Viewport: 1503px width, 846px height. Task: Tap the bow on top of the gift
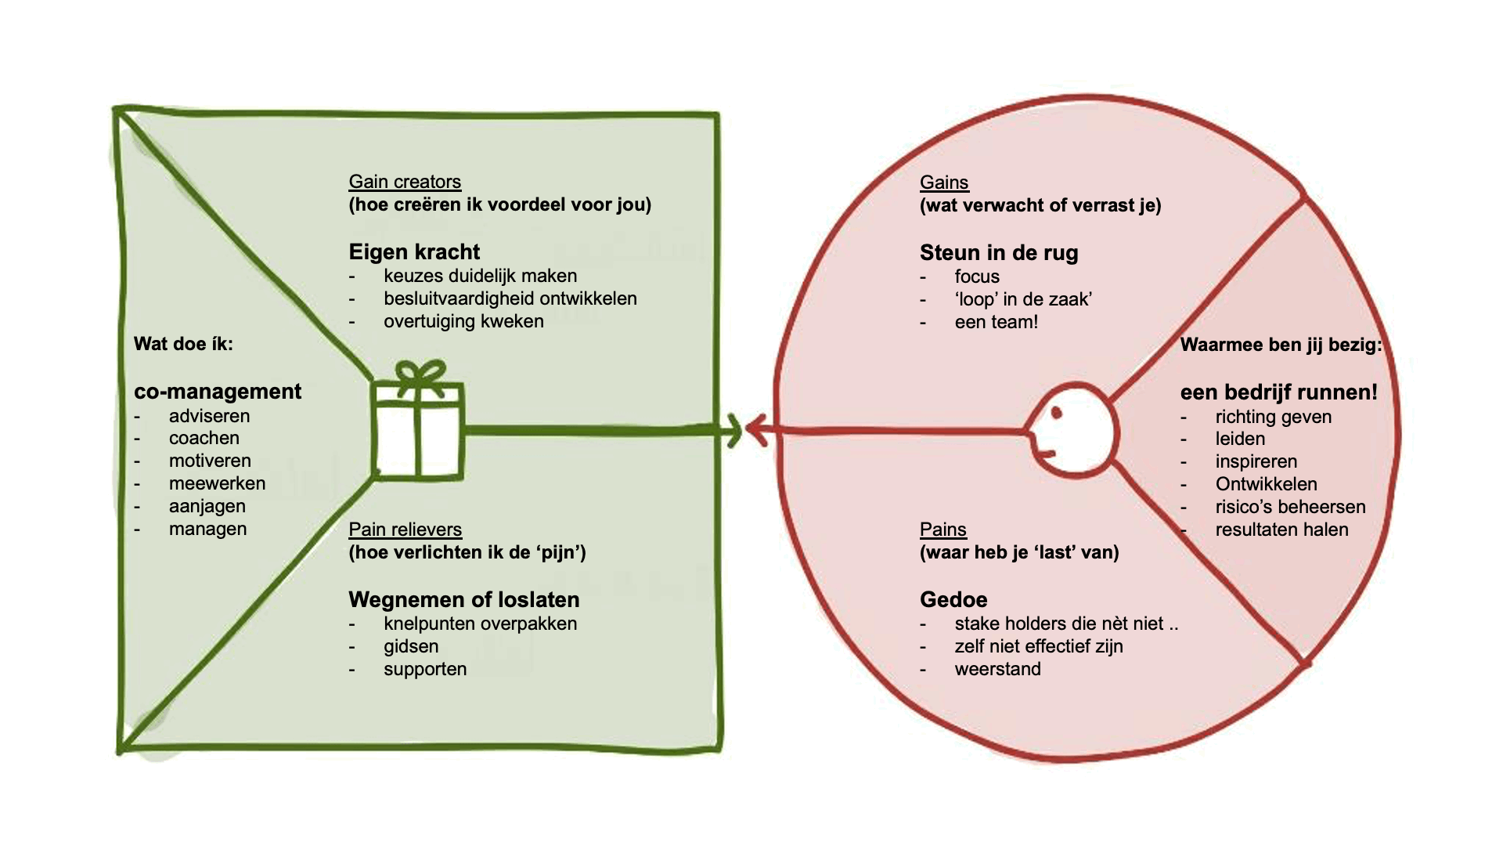pos(420,374)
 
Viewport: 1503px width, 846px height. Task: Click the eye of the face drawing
pos(1057,413)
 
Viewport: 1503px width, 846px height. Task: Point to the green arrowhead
pos(733,430)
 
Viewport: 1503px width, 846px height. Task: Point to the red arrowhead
pos(756,430)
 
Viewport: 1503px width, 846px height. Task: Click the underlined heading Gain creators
pos(405,182)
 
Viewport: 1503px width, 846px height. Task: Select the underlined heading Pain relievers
pos(405,530)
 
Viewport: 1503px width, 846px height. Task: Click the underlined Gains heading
pos(944,183)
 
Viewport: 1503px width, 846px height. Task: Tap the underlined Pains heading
pos(943,530)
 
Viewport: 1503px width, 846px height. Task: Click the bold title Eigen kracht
pos(414,252)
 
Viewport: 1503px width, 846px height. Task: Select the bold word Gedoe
pos(953,600)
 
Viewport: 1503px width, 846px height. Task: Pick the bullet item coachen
pos(204,438)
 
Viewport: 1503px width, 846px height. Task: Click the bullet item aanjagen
pos(207,506)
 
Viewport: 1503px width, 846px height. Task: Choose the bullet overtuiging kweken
pos(463,321)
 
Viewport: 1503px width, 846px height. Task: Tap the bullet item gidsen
pos(411,646)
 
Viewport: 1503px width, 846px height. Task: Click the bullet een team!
pos(996,322)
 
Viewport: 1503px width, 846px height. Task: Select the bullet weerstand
pos(997,669)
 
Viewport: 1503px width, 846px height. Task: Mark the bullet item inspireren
pos(1256,461)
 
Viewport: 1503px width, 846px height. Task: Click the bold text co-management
pos(218,392)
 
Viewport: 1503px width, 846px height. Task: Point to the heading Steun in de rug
pos(999,253)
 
